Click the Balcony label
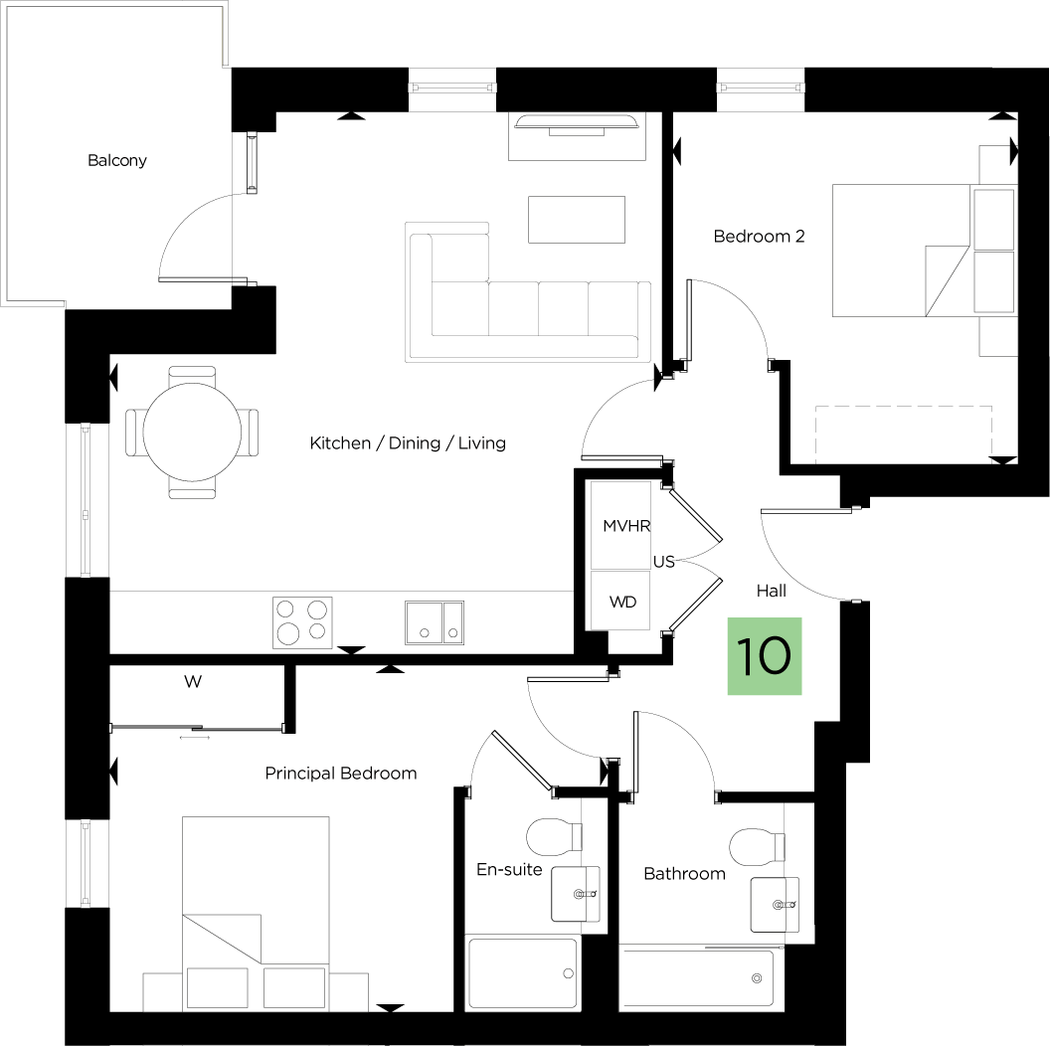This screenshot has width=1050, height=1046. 117,161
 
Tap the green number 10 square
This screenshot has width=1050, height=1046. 765,656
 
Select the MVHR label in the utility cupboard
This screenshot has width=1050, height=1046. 626,526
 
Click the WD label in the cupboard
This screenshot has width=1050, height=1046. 622,602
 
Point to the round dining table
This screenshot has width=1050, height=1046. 192,433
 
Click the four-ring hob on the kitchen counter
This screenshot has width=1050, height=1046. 302,622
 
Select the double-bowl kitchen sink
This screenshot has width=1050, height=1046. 435,622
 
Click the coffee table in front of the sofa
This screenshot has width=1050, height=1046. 577,220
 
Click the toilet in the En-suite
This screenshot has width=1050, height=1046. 555,837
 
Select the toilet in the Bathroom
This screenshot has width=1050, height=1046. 757,848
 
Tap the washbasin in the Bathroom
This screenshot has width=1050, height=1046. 775,905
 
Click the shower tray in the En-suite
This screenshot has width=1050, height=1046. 522,973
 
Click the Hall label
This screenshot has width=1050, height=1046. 772,591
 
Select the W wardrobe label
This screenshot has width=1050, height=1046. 193,682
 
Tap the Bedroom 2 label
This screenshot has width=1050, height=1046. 760,237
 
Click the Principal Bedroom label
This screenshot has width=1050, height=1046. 341,775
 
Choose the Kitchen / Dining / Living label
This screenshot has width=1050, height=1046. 408,443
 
